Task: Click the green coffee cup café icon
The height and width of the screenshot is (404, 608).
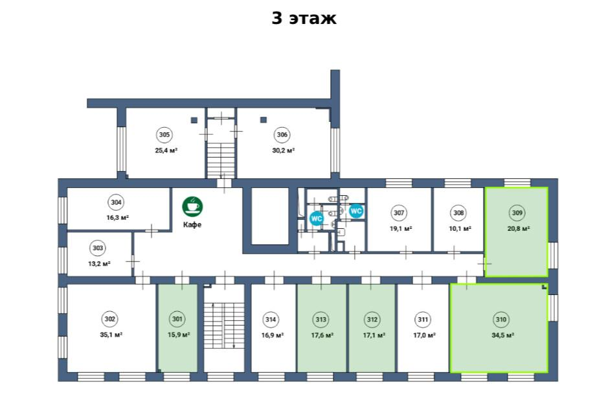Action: click(192, 206)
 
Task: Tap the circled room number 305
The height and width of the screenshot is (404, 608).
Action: click(164, 135)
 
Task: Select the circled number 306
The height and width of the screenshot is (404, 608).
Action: click(282, 135)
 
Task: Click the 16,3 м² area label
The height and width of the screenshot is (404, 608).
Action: click(118, 218)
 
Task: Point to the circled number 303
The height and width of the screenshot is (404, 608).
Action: click(98, 248)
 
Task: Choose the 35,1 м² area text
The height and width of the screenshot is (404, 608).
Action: click(111, 335)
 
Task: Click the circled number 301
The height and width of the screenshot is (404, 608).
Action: click(177, 319)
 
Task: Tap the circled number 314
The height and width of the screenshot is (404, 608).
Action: click(270, 320)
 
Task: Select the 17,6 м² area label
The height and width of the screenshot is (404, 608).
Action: click(322, 335)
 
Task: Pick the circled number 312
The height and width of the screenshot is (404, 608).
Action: click(372, 320)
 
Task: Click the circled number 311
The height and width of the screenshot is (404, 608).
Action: click(423, 320)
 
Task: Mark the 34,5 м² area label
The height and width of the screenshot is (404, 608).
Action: click(503, 335)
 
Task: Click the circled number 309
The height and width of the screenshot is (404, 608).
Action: click(517, 213)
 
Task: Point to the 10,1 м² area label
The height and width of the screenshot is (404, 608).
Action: click(460, 229)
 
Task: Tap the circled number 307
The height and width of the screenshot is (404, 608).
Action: click(399, 213)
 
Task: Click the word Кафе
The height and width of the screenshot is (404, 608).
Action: click(192, 224)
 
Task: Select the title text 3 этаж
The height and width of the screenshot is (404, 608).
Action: click(304, 18)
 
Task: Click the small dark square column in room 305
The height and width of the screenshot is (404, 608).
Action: click(194, 120)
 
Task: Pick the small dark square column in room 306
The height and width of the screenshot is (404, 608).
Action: click(264, 120)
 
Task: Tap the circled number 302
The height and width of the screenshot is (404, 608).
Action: click(109, 319)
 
